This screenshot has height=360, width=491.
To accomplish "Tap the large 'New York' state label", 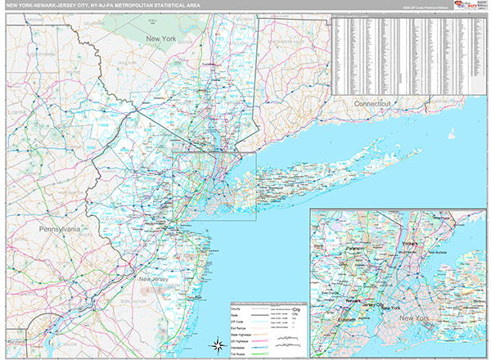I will coord(161,38).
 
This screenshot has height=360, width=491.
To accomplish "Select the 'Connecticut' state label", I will coord(374,105).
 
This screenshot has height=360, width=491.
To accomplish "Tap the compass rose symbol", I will coord(218,344).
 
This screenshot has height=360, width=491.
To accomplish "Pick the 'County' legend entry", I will coord(238,308).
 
